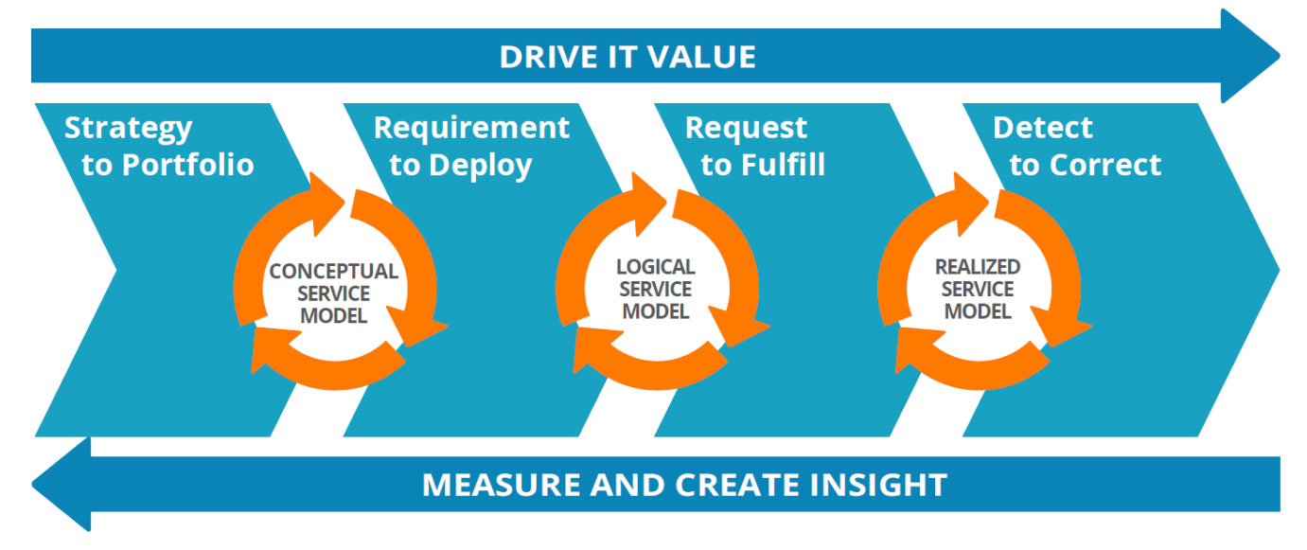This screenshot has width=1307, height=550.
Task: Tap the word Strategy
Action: click(x=128, y=128)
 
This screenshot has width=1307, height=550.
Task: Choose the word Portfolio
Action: click(x=187, y=165)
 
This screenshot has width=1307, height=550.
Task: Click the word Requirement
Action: click(x=471, y=128)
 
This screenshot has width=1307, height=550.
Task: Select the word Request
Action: click(x=746, y=128)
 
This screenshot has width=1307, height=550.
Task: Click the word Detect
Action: click(x=1042, y=128)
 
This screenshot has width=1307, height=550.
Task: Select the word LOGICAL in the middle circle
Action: click(x=655, y=267)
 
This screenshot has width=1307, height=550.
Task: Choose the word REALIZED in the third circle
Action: click(x=978, y=267)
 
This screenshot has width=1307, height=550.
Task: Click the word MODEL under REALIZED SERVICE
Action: click(x=978, y=310)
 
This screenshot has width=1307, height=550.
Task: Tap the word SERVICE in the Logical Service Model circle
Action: click(x=655, y=289)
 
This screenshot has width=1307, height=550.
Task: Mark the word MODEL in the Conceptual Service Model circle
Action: click(x=333, y=316)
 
